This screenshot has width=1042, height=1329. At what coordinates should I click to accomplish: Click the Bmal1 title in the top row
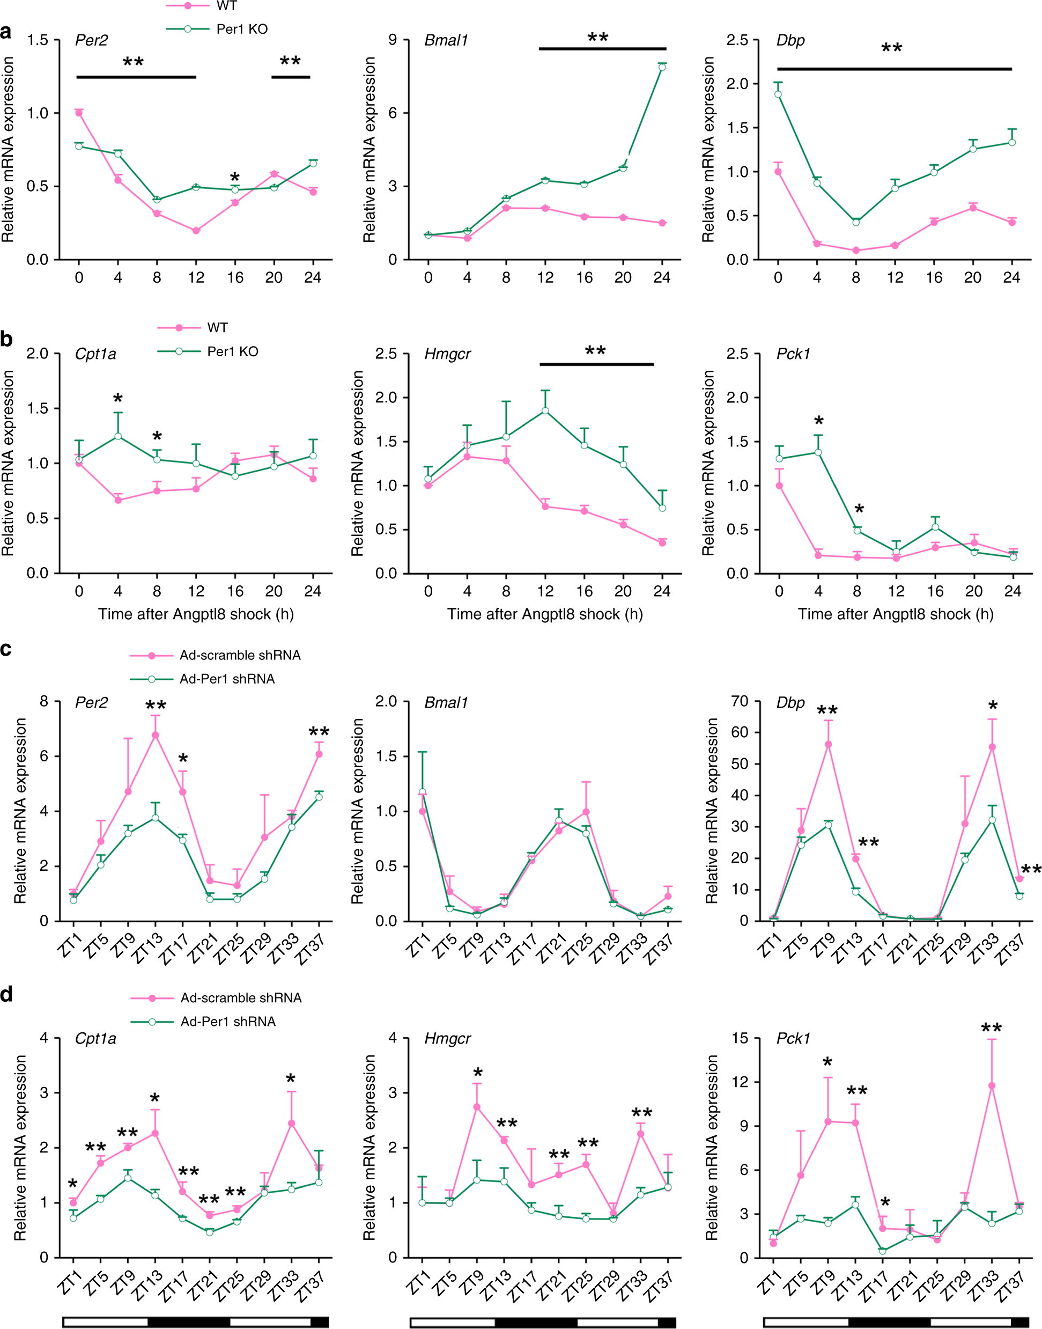(446, 40)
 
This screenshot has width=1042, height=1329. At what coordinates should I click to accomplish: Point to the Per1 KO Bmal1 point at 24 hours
(662, 67)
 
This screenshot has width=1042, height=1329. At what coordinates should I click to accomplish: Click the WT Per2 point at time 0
(79, 113)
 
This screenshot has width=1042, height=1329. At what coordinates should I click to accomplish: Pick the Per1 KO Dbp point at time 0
(778, 94)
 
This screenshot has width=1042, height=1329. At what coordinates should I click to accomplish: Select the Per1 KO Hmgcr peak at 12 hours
(545, 410)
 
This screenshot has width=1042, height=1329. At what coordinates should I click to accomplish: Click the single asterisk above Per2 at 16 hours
(235, 178)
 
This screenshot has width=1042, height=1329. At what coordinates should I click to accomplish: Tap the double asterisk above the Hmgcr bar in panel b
(595, 351)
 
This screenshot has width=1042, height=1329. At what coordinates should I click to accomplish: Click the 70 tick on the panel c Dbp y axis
(740, 701)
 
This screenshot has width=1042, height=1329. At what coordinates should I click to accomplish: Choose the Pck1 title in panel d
(793, 1039)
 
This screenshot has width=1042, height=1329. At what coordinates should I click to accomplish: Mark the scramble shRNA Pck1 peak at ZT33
(992, 1085)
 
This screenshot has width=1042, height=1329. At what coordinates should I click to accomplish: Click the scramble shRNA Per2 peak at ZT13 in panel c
(156, 735)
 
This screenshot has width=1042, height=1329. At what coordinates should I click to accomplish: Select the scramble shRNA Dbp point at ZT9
(829, 744)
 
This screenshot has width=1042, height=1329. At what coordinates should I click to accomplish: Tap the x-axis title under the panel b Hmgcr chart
(545, 614)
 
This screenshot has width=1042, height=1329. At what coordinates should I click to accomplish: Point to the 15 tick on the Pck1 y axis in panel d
(740, 1038)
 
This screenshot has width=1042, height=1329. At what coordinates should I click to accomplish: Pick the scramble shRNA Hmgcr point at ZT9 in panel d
(477, 1107)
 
